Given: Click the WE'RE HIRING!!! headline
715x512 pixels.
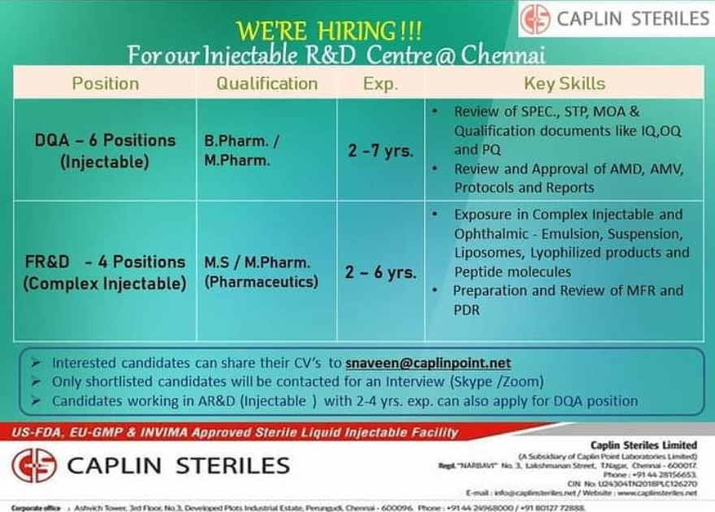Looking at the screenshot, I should point(328,31).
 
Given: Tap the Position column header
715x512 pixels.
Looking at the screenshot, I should point(106,83).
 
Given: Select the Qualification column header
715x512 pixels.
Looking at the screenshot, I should point(266,83).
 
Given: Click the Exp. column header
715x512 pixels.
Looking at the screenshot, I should point(380,83).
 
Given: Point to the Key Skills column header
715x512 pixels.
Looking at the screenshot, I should point(564,83).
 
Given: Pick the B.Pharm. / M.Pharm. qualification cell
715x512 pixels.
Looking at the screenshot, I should point(242,150).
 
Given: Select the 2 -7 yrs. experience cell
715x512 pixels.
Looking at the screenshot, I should point(380,150).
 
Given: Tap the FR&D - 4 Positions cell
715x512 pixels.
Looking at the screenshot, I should point(105,272).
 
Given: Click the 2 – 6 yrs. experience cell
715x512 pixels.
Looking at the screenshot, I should point(380,272).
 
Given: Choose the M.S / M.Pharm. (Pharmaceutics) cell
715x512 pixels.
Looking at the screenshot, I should point(261,272).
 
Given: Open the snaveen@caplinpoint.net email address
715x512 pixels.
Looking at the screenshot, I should point(427,363).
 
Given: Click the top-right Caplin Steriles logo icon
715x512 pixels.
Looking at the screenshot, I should point(535,19).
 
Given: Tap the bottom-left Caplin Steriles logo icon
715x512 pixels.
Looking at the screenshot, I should point(34,465).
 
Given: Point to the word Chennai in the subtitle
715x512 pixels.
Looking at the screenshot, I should point(504,56).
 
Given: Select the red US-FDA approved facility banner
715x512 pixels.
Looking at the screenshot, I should point(236,432).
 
